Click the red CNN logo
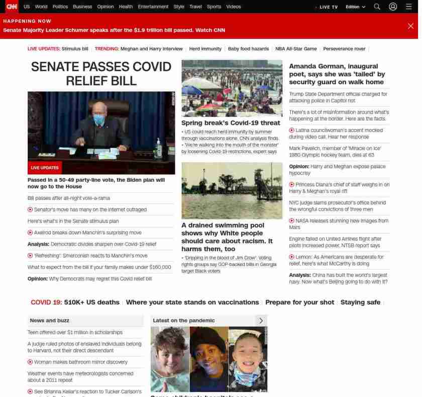coord(11,7)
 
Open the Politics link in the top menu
coord(60,7)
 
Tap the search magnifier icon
coord(377,7)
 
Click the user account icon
coord(393,7)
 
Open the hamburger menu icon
coord(409,7)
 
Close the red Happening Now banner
coord(410,26)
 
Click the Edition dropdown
coord(355,7)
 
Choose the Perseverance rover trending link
coord(344,49)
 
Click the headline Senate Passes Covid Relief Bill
coord(101,74)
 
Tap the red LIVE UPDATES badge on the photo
coord(45,168)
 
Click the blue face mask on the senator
coord(99,119)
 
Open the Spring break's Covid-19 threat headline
coord(231,123)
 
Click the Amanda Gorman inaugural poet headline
coord(337,74)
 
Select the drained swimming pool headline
coord(227,237)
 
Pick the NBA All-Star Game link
coord(296,49)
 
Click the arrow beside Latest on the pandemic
coord(261,321)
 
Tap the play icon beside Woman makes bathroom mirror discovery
coord(30,362)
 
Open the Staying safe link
coord(360,303)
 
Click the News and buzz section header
coord(50,321)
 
